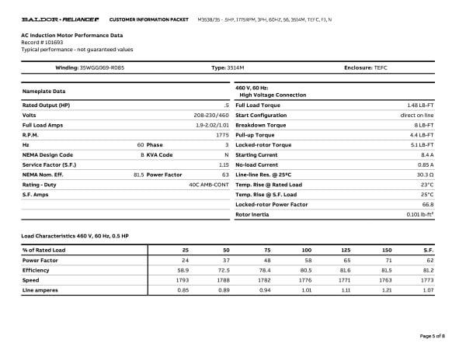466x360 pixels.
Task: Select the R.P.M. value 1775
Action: [x=222, y=135]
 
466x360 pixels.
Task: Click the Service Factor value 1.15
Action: [x=224, y=164]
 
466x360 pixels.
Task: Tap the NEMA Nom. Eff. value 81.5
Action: [x=139, y=175]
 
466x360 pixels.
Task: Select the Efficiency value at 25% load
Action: [x=183, y=270]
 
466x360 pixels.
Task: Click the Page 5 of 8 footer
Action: [x=432, y=335]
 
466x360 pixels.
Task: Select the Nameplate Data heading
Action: [x=42, y=91]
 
